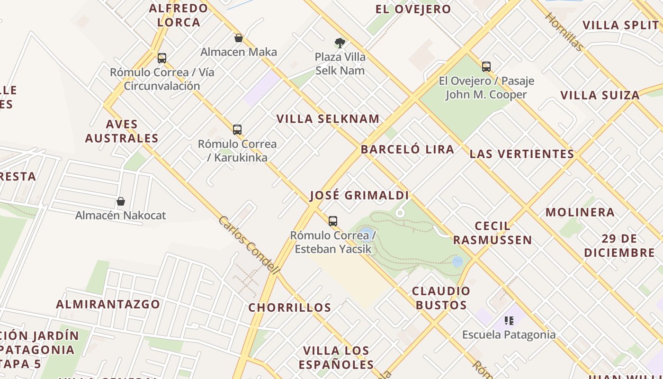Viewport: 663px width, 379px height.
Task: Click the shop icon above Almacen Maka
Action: [x=239, y=38]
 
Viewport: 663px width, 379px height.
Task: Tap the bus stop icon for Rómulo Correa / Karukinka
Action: [x=237, y=130]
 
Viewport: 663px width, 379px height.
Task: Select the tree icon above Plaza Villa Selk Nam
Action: [x=340, y=43]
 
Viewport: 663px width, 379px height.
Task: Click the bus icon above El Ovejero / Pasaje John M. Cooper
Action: [x=486, y=67]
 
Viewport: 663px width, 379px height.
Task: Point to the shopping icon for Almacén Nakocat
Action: [x=121, y=201]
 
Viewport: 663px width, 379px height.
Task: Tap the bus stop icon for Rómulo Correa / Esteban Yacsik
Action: [x=333, y=221]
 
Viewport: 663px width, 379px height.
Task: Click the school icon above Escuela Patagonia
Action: [x=509, y=321]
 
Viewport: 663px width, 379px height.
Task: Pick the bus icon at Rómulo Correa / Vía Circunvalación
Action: [x=162, y=59]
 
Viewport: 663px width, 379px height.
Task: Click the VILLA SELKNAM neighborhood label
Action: [x=328, y=119]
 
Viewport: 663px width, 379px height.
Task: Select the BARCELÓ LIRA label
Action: [x=407, y=150]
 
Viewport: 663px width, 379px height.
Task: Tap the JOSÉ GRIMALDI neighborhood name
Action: [x=359, y=196]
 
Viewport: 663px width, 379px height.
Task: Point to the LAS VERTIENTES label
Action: [x=522, y=154]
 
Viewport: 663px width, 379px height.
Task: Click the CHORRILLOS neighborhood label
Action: [x=290, y=307]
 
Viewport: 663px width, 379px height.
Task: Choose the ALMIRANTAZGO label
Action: [x=108, y=304]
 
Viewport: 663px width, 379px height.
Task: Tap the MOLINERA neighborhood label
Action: [x=580, y=212]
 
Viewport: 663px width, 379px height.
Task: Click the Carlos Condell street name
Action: [x=249, y=245]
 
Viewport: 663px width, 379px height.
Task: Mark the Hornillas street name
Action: [x=564, y=32]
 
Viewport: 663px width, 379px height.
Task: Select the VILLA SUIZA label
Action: [x=600, y=95]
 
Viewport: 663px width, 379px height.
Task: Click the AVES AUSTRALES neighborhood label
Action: [x=122, y=131]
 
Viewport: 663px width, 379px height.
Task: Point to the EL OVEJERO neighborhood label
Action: [x=413, y=9]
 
